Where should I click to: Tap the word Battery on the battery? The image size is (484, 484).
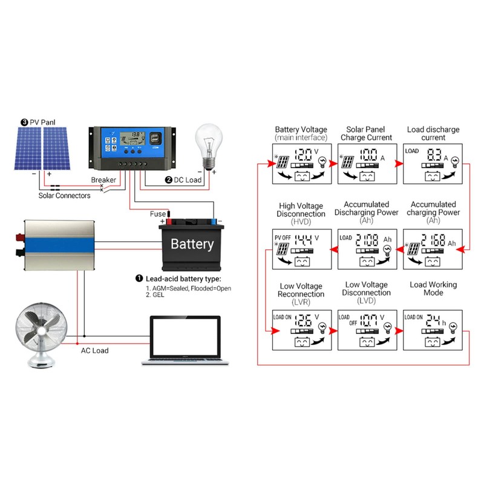192,244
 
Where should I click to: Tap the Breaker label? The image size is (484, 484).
103,180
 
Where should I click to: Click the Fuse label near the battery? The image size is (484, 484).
157,214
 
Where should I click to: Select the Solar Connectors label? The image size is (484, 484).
64,195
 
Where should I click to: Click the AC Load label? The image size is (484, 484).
96,350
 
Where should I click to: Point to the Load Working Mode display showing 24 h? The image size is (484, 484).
433,332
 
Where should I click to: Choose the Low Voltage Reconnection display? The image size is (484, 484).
301,332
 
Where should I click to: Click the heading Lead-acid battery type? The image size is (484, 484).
183,278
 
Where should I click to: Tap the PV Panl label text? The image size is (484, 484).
43,122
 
